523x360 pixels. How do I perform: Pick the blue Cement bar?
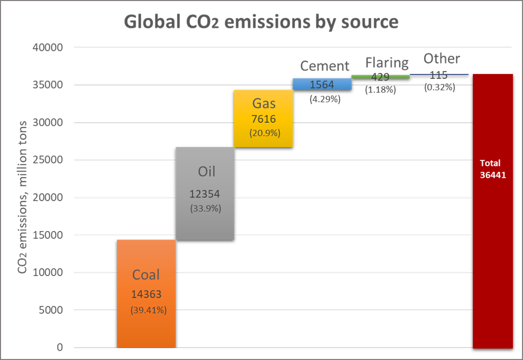pyautogui.click(x=322, y=84)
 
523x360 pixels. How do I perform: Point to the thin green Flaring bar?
pyautogui.click(x=381, y=77)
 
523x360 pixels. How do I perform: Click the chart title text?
pyautogui.click(x=261, y=22)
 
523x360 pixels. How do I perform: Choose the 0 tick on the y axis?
pyautogui.click(x=59, y=348)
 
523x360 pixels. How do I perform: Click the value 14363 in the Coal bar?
pyautogui.click(x=146, y=294)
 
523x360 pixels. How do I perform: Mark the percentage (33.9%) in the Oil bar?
pyautogui.click(x=206, y=209)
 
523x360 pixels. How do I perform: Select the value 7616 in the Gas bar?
pyautogui.click(x=264, y=119)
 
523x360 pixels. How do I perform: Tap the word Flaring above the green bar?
pyautogui.click(x=387, y=63)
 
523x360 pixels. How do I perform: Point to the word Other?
pyautogui.click(x=441, y=59)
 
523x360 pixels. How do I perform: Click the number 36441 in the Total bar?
pyautogui.click(x=492, y=175)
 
